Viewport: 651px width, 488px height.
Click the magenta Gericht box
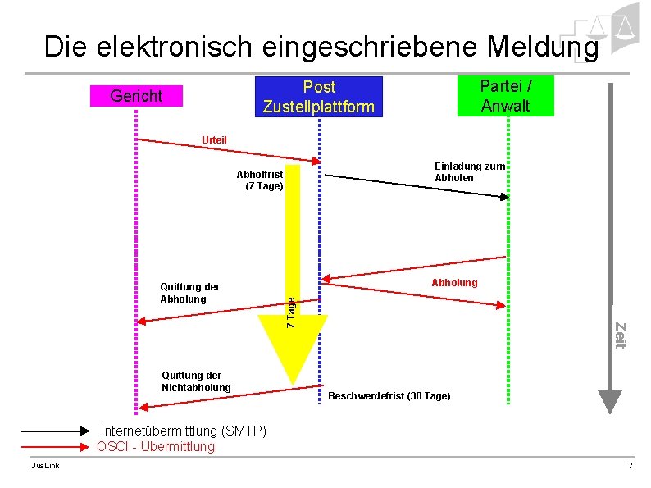pos(136,96)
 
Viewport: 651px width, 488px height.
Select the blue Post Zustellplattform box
pos(319,97)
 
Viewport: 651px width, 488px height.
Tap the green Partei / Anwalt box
pos(505,95)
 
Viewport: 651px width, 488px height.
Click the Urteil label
pos(215,140)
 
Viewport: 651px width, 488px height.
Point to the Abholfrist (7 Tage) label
pos(260,180)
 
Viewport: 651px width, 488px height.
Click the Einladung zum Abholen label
pos(469,171)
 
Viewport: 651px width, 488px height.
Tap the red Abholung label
pos(453,282)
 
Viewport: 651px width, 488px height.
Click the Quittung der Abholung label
pos(189,293)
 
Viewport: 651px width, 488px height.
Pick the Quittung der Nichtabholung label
pos(196,381)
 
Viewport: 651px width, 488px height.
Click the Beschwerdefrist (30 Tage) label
pos(389,396)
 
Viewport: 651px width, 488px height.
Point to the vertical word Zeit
pos(620,336)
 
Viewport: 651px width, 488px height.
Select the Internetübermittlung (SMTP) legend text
pos(183,431)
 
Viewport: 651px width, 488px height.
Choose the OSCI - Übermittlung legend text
pos(156,446)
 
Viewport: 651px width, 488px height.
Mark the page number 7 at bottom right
pos(630,466)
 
